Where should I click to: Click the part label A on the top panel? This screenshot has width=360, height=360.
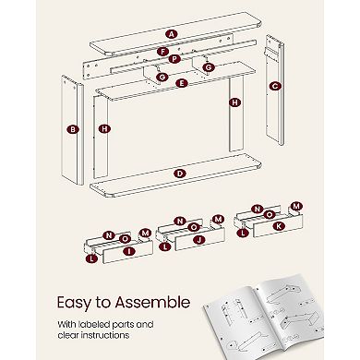(x=171, y=34)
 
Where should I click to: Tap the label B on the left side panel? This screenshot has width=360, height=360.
(x=73, y=129)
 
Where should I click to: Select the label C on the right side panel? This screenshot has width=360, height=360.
(x=274, y=86)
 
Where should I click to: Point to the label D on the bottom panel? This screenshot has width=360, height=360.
(x=180, y=174)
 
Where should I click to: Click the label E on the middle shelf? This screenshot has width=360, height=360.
(x=182, y=83)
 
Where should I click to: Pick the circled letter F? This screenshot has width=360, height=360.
(x=162, y=52)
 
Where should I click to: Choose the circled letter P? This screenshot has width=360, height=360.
(x=174, y=58)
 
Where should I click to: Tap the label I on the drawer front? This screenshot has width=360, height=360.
(x=129, y=251)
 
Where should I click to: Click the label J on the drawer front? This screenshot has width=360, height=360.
(x=199, y=240)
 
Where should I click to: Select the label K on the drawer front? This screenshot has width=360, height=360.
(x=279, y=226)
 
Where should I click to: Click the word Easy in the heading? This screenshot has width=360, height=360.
(x=74, y=303)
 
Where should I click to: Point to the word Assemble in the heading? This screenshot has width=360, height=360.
(x=152, y=302)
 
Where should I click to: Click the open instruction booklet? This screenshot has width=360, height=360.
(x=264, y=317)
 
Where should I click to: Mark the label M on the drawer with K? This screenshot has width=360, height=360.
(x=296, y=206)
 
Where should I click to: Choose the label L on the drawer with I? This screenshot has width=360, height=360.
(x=91, y=258)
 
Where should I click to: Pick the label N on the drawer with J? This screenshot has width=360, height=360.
(x=180, y=221)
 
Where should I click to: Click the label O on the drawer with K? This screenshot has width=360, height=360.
(x=270, y=214)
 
